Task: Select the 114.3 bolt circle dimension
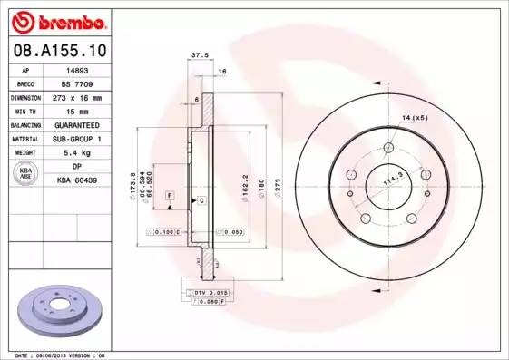tap(393, 181)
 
